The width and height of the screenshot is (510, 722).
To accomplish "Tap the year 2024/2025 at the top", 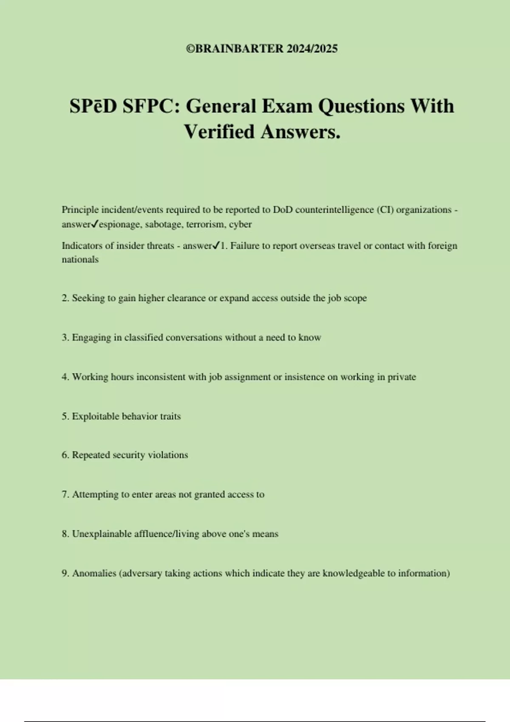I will click(x=312, y=49).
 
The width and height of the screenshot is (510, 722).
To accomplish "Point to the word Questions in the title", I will click(x=361, y=106).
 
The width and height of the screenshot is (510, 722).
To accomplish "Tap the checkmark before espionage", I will click(x=95, y=224).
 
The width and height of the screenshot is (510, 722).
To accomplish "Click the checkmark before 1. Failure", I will click(x=216, y=245).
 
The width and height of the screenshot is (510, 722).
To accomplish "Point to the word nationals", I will click(x=80, y=259).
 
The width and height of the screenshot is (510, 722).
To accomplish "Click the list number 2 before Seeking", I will click(x=65, y=298).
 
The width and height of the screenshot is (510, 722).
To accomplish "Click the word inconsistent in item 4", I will click(x=161, y=377).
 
